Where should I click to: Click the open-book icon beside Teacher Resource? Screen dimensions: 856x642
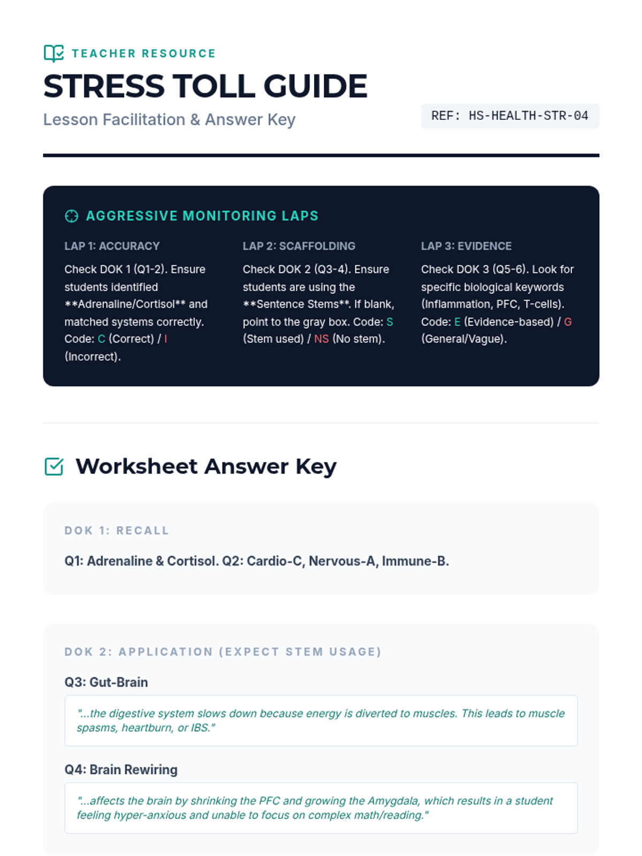click(x=53, y=53)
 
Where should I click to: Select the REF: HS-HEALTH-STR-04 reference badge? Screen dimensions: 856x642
click(x=509, y=116)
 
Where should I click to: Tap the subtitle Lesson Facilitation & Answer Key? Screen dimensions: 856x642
click(x=169, y=119)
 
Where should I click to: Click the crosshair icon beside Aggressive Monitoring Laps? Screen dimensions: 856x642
click(x=71, y=216)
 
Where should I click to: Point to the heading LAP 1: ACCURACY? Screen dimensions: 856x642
click(x=112, y=246)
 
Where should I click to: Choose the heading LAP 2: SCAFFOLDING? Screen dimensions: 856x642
click(x=299, y=246)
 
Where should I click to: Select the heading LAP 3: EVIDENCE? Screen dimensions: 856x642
click(x=466, y=246)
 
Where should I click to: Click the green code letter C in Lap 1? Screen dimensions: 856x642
click(x=102, y=339)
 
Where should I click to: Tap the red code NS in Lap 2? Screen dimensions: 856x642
click(x=322, y=339)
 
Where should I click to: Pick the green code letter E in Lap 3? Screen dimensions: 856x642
click(x=457, y=322)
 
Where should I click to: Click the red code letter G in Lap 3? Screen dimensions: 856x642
click(x=568, y=322)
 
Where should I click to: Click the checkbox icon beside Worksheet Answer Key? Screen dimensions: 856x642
click(x=54, y=467)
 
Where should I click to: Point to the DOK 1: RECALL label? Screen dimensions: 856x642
click(x=117, y=531)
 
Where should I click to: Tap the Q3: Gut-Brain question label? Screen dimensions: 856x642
click(x=106, y=682)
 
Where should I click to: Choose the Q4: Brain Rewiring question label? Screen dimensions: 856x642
click(x=121, y=770)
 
